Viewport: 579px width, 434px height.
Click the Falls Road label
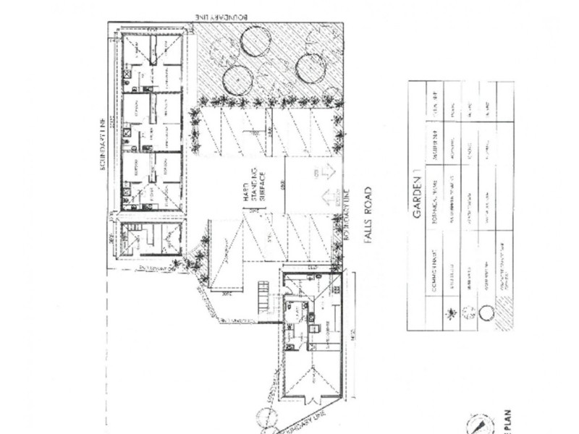click(x=368, y=215)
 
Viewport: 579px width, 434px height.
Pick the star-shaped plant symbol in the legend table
click(x=452, y=312)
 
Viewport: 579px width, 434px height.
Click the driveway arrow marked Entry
click(x=324, y=173)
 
